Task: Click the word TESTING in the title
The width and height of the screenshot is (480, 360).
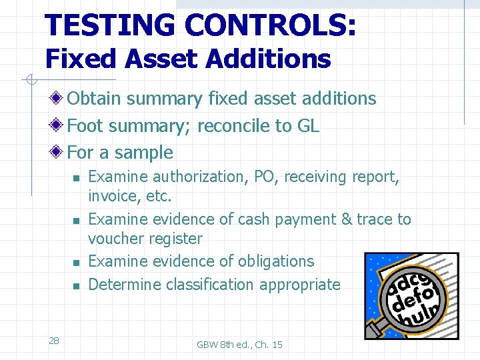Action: (x=110, y=25)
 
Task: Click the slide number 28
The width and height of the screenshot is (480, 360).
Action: (x=54, y=341)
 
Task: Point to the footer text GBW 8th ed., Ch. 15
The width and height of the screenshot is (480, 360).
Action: (x=239, y=344)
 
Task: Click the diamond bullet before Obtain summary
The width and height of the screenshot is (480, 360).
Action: (x=59, y=99)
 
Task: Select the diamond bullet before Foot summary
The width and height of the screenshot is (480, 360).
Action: (x=59, y=125)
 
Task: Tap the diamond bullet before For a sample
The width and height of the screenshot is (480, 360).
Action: (x=59, y=153)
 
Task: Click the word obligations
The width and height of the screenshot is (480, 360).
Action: (x=273, y=261)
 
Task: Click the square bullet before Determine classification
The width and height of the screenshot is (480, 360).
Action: (x=76, y=286)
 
